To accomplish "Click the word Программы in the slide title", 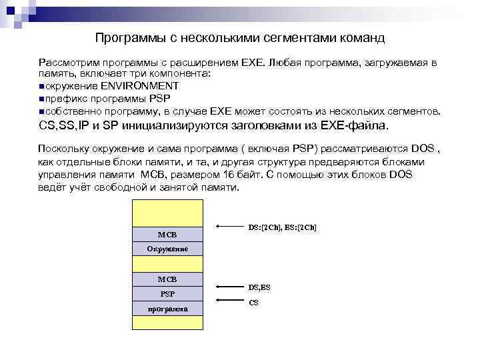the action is pyautogui.click(x=129, y=39).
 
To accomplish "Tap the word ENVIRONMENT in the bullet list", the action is pyautogui.click(x=140, y=86).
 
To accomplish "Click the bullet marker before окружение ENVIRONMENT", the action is pyautogui.click(x=42, y=86).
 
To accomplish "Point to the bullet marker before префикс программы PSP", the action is pyautogui.click(x=42, y=98).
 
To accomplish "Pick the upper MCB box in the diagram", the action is pyautogui.click(x=167, y=235).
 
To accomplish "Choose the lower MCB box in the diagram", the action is pyautogui.click(x=167, y=279).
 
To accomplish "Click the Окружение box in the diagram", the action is pyautogui.click(x=167, y=249).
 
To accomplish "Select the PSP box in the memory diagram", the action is pyautogui.click(x=167, y=293).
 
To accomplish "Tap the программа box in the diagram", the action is pyautogui.click(x=167, y=309).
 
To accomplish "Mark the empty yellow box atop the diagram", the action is pyautogui.click(x=167, y=213).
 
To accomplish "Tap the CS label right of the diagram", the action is pyautogui.click(x=253, y=303).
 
